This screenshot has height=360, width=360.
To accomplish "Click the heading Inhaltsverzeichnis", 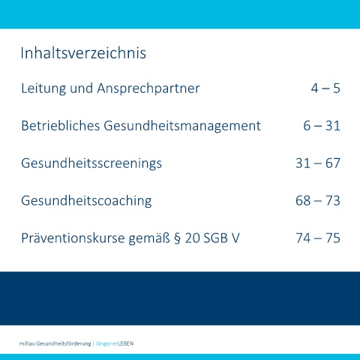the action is click(x=83, y=53).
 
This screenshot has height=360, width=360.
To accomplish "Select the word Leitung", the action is click(x=43, y=88).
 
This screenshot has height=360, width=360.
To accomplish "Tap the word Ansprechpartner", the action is click(x=148, y=89).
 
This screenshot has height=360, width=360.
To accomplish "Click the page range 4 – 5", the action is click(x=325, y=88).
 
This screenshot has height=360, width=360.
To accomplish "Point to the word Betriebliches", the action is click(x=61, y=125).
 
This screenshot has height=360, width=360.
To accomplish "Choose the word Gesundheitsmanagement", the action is click(x=182, y=126).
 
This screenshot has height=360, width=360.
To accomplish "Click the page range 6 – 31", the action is click(x=322, y=125).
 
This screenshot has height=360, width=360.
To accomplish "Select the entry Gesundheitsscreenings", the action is click(x=91, y=163).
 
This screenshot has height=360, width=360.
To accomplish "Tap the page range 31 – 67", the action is click(x=318, y=163).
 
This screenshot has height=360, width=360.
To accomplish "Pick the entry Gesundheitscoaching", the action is click(x=86, y=201).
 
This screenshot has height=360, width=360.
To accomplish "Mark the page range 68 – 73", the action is click(x=318, y=200).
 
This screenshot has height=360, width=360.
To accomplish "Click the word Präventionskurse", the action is click(x=73, y=238).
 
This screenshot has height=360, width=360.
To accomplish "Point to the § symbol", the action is click(x=177, y=238).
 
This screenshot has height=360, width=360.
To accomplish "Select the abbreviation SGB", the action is click(x=215, y=238).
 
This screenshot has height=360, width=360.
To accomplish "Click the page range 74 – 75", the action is click(x=318, y=238).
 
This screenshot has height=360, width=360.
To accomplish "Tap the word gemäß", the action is click(x=149, y=238).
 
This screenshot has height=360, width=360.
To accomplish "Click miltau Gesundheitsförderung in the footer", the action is click(x=55, y=343).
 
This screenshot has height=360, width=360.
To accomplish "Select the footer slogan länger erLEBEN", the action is click(x=115, y=343).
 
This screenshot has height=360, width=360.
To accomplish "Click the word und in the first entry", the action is click(x=82, y=88).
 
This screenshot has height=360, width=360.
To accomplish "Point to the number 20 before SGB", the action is click(x=192, y=238).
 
